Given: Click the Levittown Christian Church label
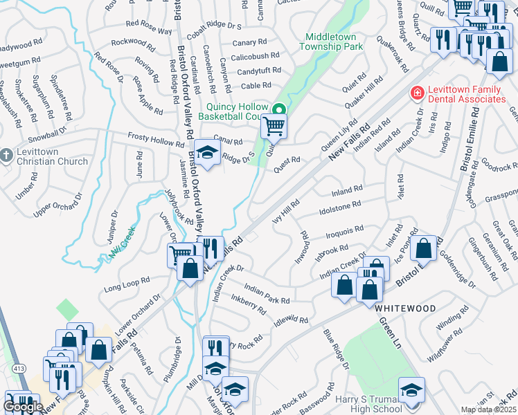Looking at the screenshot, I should click(x=50, y=156).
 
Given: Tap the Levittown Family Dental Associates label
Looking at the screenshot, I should click(x=466, y=95).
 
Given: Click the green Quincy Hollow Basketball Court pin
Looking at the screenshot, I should click(x=279, y=110).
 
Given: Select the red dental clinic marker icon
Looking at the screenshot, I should click(x=417, y=91).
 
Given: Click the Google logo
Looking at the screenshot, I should click(x=23, y=407).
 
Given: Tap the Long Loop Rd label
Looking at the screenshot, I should click(x=127, y=284).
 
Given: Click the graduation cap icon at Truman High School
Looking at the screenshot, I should click(x=411, y=390).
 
